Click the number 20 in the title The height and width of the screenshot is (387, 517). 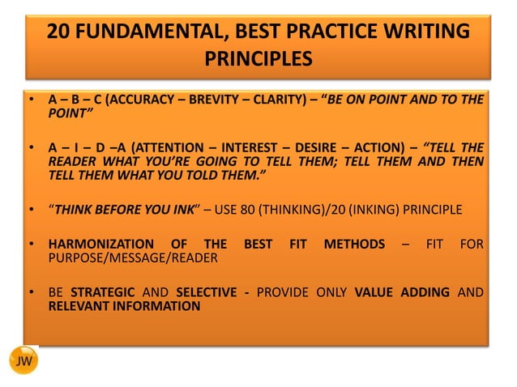(x=60, y=32)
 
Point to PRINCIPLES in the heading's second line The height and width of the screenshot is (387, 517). (x=258, y=59)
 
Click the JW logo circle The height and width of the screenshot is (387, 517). (x=24, y=360)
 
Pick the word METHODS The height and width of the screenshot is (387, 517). (x=354, y=244)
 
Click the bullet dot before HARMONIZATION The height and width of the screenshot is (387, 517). (x=30, y=244)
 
